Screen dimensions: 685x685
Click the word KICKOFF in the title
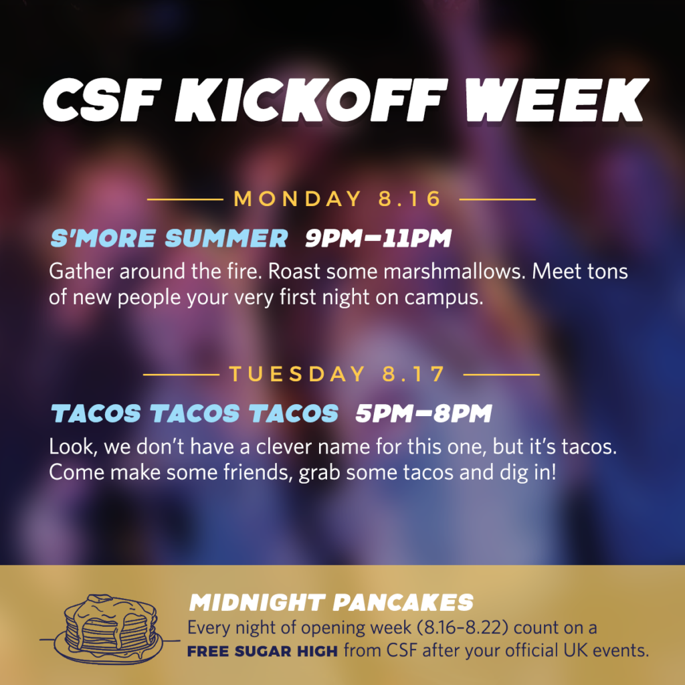click(312, 100)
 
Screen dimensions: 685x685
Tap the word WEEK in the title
click(557, 100)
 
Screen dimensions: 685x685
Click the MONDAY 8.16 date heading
click(337, 199)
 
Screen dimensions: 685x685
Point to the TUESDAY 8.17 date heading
click(337, 374)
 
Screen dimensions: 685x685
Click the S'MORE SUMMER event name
click(169, 238)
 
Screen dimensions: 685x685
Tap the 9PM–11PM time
click(379, 238)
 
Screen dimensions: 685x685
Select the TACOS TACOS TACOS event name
click(195, 413)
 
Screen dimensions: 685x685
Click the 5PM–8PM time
click(423, 413)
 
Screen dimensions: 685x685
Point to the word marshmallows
click(454, 272)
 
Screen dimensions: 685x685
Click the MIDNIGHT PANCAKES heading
click(331, 603)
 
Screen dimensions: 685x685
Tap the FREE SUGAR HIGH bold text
click(262, 652)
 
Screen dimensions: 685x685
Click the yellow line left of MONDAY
click(185, 199)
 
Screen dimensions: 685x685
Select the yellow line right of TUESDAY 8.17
click(502, 375)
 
